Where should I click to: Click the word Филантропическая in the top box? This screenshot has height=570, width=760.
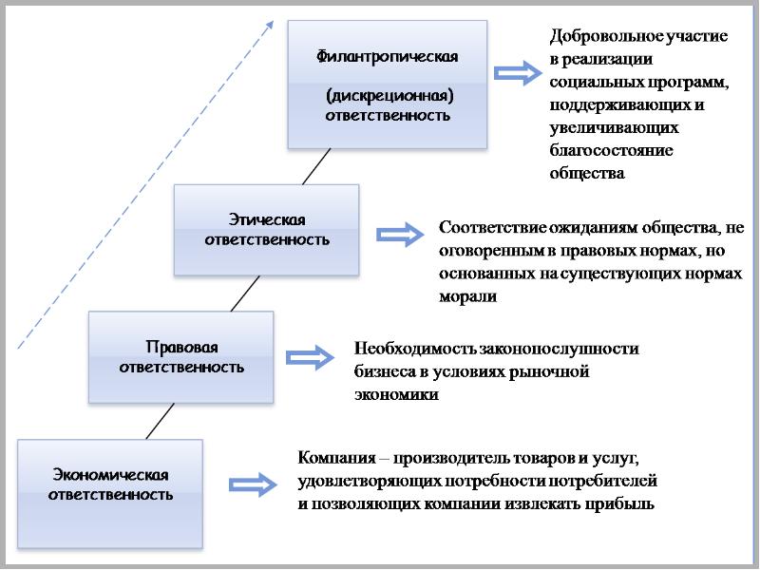coord(387,56)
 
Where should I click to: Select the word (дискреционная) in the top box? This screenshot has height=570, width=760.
coord(387,96)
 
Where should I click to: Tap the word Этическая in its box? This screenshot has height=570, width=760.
coord(267,219)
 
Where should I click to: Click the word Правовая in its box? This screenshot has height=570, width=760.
coord(181,347)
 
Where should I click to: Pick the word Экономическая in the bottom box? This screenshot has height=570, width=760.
coord(111,474)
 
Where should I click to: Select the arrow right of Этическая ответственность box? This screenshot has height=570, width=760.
coord(399,234)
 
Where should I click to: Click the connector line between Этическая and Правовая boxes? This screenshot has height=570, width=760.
coord(245,294)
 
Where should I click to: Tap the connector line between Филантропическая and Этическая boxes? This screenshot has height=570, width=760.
coord(316,166)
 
